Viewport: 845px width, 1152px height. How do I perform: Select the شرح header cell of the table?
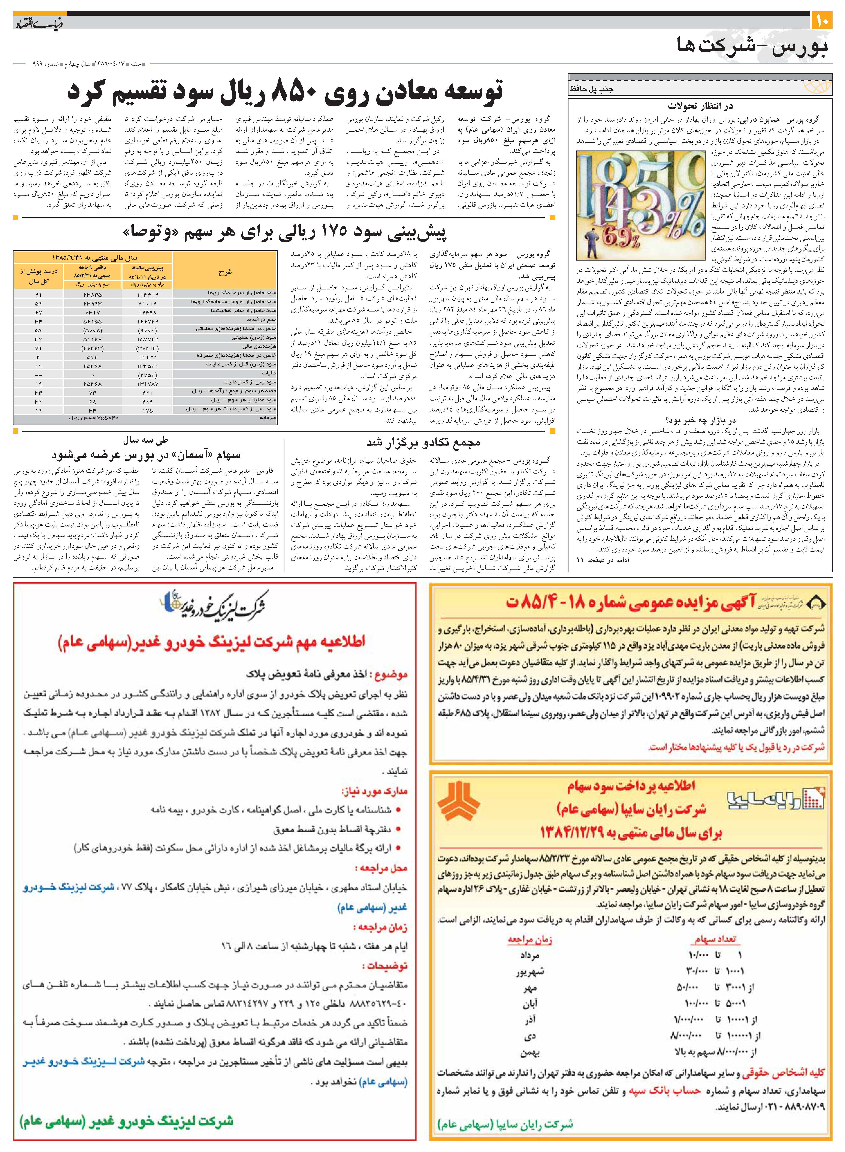(x=225, y=272)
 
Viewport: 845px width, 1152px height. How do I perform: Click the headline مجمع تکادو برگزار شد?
(x=423, y=442)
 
